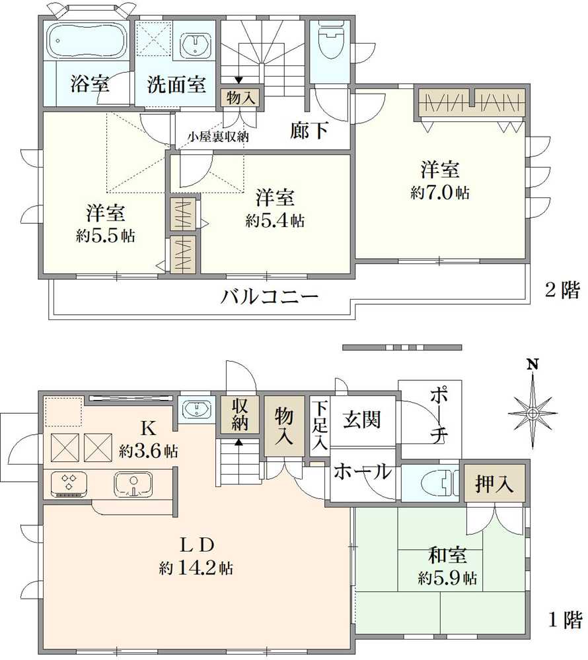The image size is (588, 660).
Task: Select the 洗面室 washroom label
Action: click(176, 84)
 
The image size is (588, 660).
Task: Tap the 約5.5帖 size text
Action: click(106, 236)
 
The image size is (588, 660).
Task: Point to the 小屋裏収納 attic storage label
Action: click(218, 137)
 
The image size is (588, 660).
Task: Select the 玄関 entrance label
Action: click(362, 419)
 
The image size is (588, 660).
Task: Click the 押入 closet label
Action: click(496, 484)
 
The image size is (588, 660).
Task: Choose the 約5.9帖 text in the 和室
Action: click(447, 579)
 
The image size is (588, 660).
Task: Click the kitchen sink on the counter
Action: click(133, 484)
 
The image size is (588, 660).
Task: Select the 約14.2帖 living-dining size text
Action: click(196, 567)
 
